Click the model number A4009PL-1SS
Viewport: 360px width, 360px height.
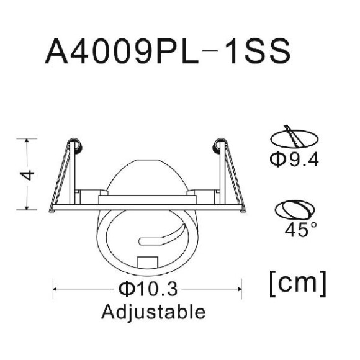168,51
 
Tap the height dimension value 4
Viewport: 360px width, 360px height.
27,175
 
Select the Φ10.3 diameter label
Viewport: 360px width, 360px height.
148,289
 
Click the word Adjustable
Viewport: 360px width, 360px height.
153,312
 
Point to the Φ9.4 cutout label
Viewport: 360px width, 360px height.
294,160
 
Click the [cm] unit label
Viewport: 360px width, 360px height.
298,284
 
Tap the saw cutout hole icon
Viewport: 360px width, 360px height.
294,137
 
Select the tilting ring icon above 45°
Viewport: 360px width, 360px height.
295,210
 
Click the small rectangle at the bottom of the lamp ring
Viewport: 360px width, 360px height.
148,262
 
